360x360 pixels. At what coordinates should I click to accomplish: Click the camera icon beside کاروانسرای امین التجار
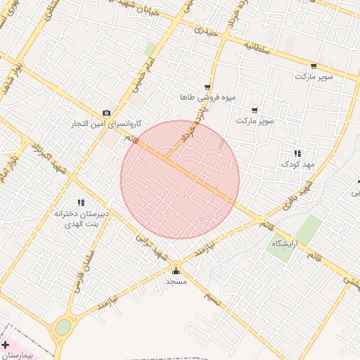click(106, 113)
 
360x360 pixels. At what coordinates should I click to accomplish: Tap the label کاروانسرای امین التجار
click(105, 124)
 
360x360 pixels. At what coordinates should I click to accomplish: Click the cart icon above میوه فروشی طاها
click(207, 86)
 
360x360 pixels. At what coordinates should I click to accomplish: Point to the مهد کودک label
click(300, 163)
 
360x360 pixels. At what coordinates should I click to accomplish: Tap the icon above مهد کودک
click(297, 153)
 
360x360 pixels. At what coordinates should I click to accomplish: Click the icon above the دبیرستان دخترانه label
click(81, 202)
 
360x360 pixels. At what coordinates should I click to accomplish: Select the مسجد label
click(175, 281)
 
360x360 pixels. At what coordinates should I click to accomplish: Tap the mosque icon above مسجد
click(175, 271)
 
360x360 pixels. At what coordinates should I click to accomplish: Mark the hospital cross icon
click(6, 345)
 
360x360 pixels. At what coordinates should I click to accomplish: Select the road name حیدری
click(206, 32)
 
